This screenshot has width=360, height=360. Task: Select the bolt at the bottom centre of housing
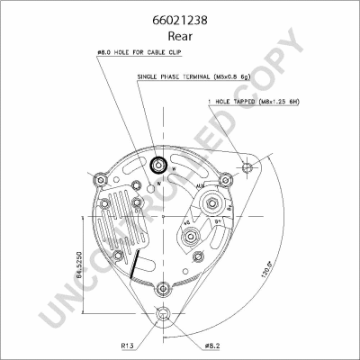click(162, 287)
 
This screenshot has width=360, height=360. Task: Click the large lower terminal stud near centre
click(190, 237)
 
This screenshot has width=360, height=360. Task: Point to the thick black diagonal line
click(133, 265)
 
